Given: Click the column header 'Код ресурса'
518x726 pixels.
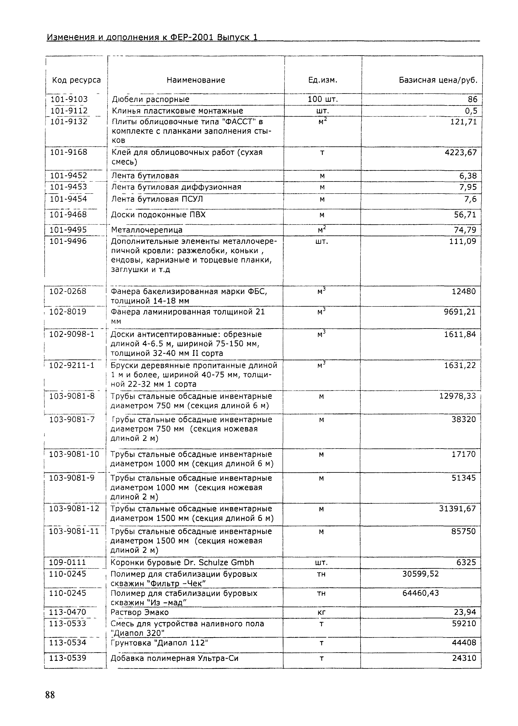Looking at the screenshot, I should pos(76,80).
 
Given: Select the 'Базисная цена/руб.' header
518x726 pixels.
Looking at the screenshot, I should pos(438,80).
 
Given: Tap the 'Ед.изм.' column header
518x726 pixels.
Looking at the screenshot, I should pos(323,80).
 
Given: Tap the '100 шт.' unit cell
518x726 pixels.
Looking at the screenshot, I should pos(323,99).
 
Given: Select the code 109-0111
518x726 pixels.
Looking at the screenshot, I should pos(68,562).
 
